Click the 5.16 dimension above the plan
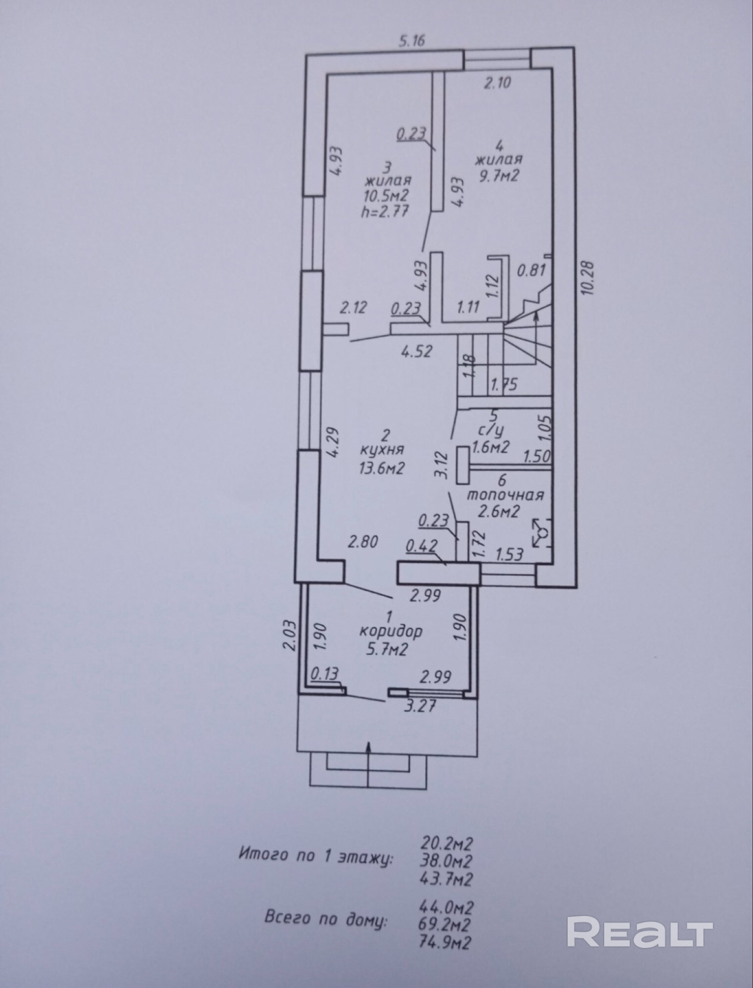click(x=412, y=40)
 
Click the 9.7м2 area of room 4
click(x=497, y=175)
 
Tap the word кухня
click(x=382, y=450)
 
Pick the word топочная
click(x=506, y=494)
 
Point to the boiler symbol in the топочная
click(x=541, y=533)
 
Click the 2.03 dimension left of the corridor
click(x=291, y=636)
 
